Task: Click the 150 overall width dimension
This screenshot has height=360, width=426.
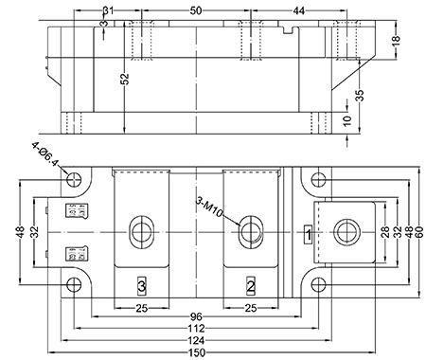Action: (x=196, y=352)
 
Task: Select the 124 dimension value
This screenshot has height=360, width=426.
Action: (x=196, y=341)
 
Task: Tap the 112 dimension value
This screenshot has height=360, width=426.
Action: (x=196, y=329)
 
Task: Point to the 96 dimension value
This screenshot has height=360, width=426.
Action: (x=196, y=316)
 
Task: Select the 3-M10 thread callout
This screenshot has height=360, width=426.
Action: (x=209, y=207)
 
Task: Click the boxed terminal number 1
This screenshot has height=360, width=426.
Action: (x=309, y=235)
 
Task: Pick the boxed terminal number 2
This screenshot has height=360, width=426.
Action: (x=251, y=286)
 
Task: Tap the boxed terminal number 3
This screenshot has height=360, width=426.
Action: (x=142, y=286)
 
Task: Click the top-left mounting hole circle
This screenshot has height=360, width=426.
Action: (x=74, y=179)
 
